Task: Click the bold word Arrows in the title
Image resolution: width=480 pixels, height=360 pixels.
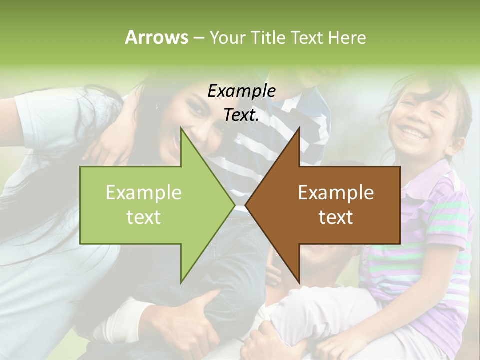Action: (156, 37)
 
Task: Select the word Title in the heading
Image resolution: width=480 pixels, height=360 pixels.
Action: (269, 37)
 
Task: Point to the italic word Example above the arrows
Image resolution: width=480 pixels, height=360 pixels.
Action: (241, 91)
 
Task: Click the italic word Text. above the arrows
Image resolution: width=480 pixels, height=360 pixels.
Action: (241, 115)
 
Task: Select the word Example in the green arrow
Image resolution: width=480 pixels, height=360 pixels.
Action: (144, 193)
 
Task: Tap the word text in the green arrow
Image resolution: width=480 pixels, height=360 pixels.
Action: (144, 217)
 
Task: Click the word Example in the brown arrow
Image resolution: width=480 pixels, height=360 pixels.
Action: (336, 193)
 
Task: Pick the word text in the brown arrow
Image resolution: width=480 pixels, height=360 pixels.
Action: (336, 217)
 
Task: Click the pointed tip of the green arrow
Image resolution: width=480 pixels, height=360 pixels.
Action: (235, 205)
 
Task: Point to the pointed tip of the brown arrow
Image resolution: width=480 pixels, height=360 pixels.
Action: (245, 205)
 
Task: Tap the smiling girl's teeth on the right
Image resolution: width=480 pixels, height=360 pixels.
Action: (413, 132)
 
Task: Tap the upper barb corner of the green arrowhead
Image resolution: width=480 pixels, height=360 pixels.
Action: (181, 128)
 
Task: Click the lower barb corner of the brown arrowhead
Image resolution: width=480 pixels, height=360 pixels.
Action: (299, 283)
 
